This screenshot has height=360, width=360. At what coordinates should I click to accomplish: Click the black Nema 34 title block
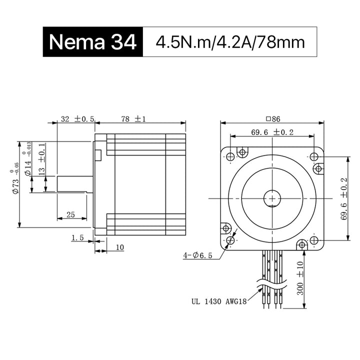pyautogui.click(x=93, y=42)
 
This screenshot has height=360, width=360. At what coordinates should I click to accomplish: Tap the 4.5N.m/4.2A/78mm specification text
pyautogui.click(x=230, y=42)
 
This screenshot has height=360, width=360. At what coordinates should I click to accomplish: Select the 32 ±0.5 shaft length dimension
pyautogui.click(x=77, y=119)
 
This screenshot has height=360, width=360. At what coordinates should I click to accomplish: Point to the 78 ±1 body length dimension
pyautogui.click(x=133, y=119)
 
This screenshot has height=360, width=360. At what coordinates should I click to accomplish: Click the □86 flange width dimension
pyautogui.click(x=273, y=119)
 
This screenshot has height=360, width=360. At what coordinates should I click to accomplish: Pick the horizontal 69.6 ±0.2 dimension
pyautogui.click(x=272, y=132)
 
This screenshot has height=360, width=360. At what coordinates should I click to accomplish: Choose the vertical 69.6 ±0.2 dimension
pyautogui.click(x=344, y=199)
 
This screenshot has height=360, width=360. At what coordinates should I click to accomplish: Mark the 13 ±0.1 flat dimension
pyautogui.click(x=42, y=159)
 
